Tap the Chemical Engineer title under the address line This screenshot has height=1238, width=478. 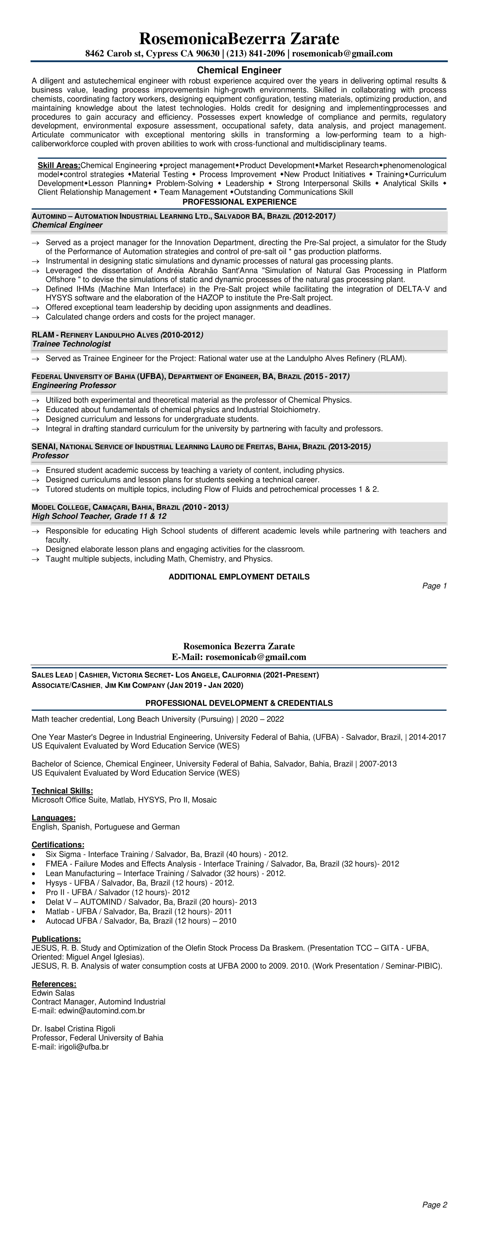pyautogui.click(x=239, y=70)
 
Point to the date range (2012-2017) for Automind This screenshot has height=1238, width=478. pyautogui.click(x=315, y=216)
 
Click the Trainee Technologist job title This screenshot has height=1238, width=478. pyautogui.click(x=71, y=344)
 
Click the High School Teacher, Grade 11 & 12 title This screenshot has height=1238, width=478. pyautogui.click(x=99, y=516)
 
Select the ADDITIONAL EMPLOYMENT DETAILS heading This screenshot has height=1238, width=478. pyautogui.click(x=239, y=577)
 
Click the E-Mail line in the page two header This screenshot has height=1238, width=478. pyautogui.click(x=239, y=657)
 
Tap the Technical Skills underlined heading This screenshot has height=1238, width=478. pyautogui.click(x=62, y=791)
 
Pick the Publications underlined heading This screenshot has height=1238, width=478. pyautogui.click(x=56, y=939)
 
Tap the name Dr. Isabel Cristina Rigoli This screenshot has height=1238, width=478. pyautogui.click(x=73, y=1029)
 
